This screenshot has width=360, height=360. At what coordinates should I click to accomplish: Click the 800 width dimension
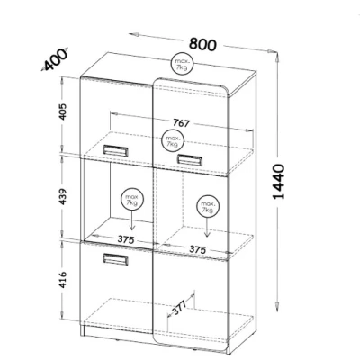coord(202,44)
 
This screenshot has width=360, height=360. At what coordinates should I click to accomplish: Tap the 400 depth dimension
coord(56,59)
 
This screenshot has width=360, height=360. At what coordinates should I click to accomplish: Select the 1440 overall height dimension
coord(279,182)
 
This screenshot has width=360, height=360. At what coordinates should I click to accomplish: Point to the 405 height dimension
coord(62,112)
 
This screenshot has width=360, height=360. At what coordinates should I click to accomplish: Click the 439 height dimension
coord(62,196)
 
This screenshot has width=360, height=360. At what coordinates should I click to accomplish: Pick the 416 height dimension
coord(62,280)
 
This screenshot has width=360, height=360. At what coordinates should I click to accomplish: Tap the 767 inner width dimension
coord(182,122)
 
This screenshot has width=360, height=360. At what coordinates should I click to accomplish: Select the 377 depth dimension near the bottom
coord(180,307)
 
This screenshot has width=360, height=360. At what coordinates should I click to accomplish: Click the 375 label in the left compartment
coord(126,239)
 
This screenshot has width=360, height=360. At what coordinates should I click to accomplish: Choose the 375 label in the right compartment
coord(198,249)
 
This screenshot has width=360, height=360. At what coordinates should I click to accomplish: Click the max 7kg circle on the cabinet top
coord(182,65)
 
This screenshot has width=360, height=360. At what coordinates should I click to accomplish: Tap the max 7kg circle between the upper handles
coord(173,141)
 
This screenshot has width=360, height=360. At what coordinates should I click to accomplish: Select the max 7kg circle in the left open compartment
coord(132,200)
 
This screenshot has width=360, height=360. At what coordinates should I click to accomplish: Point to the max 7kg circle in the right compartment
coord(208,207)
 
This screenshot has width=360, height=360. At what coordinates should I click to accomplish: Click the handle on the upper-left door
coord(116,150)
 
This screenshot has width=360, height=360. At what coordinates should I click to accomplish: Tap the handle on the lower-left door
coord(116,259)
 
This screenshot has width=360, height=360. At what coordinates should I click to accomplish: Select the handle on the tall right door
coord(189,159)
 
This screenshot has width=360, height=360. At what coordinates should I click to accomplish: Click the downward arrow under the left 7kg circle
coord(132,220)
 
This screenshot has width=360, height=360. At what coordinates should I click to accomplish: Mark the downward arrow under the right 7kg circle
coord(207,228)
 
